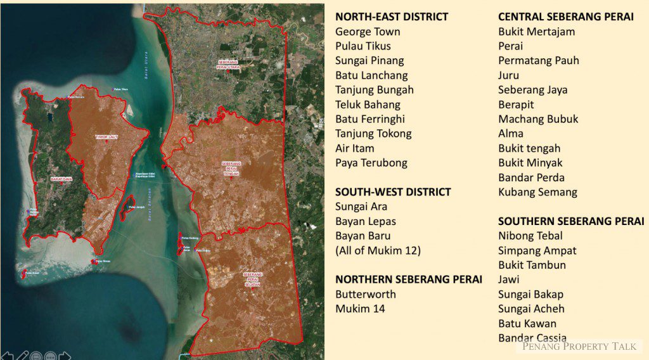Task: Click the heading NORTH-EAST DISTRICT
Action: click(x=392, y=17)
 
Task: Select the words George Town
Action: click(x=368, y=32)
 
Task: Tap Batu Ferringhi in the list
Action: click(x=370, y=119)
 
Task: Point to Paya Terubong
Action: click(x=371, y=163)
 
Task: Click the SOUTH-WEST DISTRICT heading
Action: click(x=393, y=192)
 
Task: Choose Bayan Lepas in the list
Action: click(x=366, y=221)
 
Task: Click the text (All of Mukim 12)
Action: click(x=378, y=250)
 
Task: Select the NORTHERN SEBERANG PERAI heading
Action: click(x=409, y=280)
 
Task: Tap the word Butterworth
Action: click(x=366, y=294)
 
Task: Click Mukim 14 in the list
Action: click(x=360, y=309)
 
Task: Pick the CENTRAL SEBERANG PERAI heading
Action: click(x=566, y=17)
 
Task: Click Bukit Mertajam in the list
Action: click(x=537, y=32)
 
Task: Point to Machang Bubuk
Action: click(x=538, y=119)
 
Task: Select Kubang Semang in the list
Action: click(x=537, y=192)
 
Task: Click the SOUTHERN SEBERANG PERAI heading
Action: click(x=571, y=221)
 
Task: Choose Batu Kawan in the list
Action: click(x=527, y=323)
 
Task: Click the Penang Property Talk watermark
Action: click(x=579, y=346)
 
